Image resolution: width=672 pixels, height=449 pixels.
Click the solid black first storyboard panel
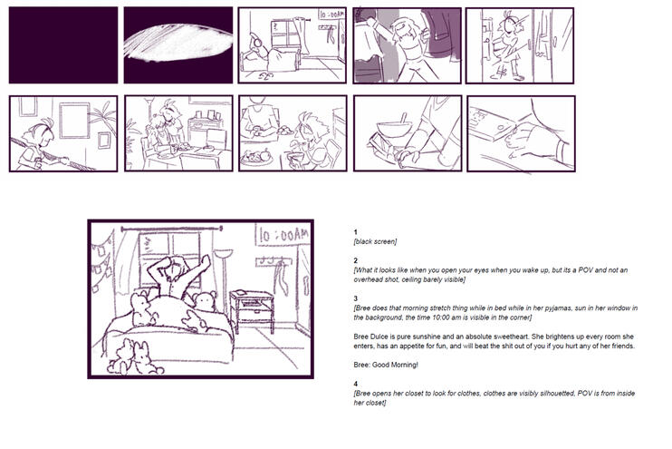pos(63,45)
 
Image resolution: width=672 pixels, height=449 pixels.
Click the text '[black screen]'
pos(375,241)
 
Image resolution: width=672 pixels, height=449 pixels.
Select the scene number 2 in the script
pos(356,260)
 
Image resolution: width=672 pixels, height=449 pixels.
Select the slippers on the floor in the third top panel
pos(263,74)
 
